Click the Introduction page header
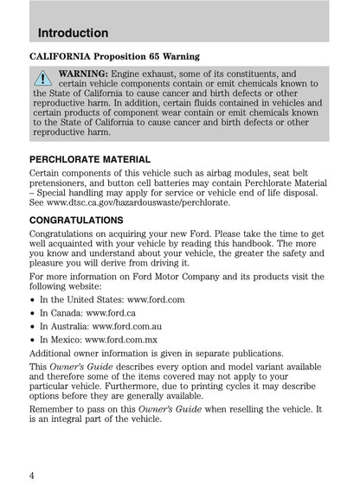pos(74,33)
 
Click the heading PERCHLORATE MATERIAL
pos(90,160)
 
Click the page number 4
pos(32,474)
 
